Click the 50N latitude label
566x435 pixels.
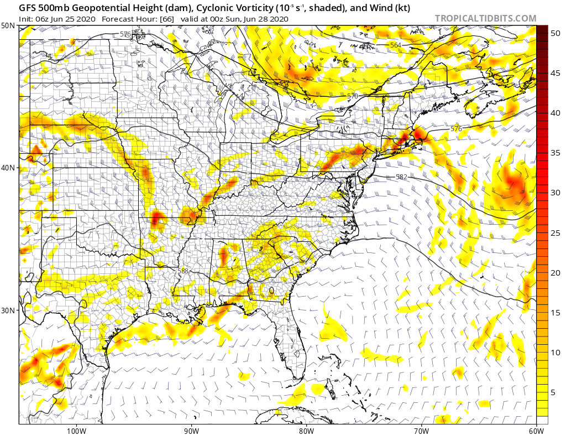(8, 26)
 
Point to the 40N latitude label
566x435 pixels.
(8, 168)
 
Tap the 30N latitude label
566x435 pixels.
(8, 310)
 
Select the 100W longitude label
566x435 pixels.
(76, 430)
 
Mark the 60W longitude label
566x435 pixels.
(536, 430)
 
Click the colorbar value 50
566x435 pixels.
(555, 33)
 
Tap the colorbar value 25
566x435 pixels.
(555, 233)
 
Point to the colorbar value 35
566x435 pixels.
(555, 153)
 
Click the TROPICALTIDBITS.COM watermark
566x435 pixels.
(485, 18)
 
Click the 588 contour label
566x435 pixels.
(183, 271)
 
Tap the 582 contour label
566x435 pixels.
(401, 177)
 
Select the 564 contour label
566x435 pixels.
(395, 45)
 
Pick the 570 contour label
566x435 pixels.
(353, 96)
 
